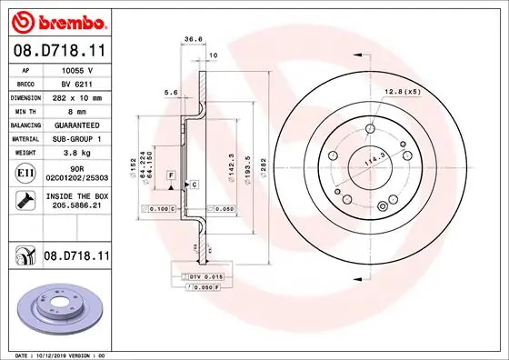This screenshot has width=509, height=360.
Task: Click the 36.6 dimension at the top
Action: (x=193, y=39)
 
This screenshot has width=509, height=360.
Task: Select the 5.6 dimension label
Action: (x=168, y=93)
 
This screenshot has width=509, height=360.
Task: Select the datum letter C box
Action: (x=193, y=185)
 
